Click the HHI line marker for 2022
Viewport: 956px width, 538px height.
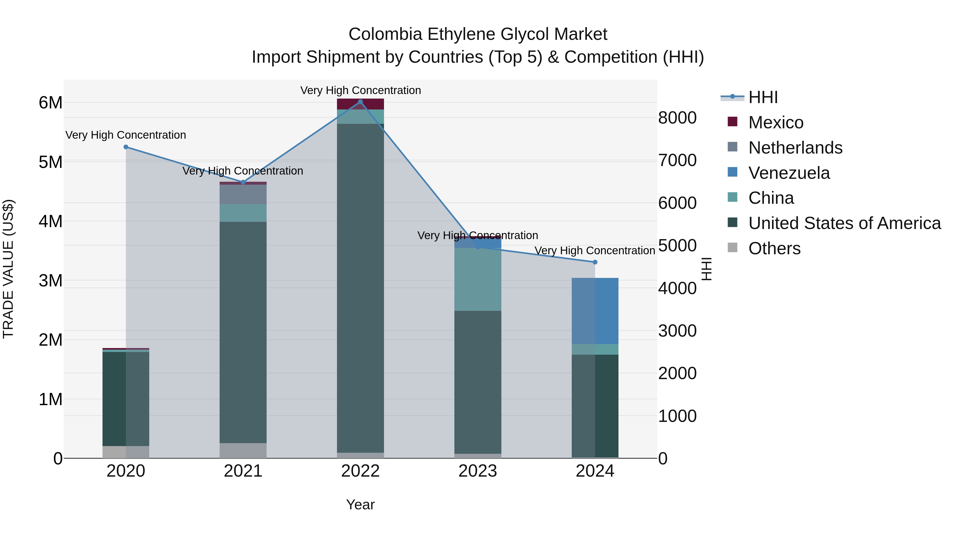360,102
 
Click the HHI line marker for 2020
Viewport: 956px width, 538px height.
126,147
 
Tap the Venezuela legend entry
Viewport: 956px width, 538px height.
789,173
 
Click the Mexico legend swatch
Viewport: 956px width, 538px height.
732,121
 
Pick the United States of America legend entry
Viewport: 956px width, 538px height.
844,223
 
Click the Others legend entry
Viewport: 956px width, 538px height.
774,248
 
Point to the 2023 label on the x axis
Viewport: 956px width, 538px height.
478,471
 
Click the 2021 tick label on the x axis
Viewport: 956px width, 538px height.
243,471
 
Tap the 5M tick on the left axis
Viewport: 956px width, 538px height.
50,162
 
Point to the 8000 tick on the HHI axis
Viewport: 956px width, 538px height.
677,118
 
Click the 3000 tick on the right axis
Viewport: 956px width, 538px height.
677,331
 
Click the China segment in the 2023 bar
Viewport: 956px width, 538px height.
478,279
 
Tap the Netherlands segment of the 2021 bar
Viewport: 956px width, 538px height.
243,194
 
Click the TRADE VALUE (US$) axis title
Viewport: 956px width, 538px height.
8,269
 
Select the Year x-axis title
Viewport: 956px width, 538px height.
360,505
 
